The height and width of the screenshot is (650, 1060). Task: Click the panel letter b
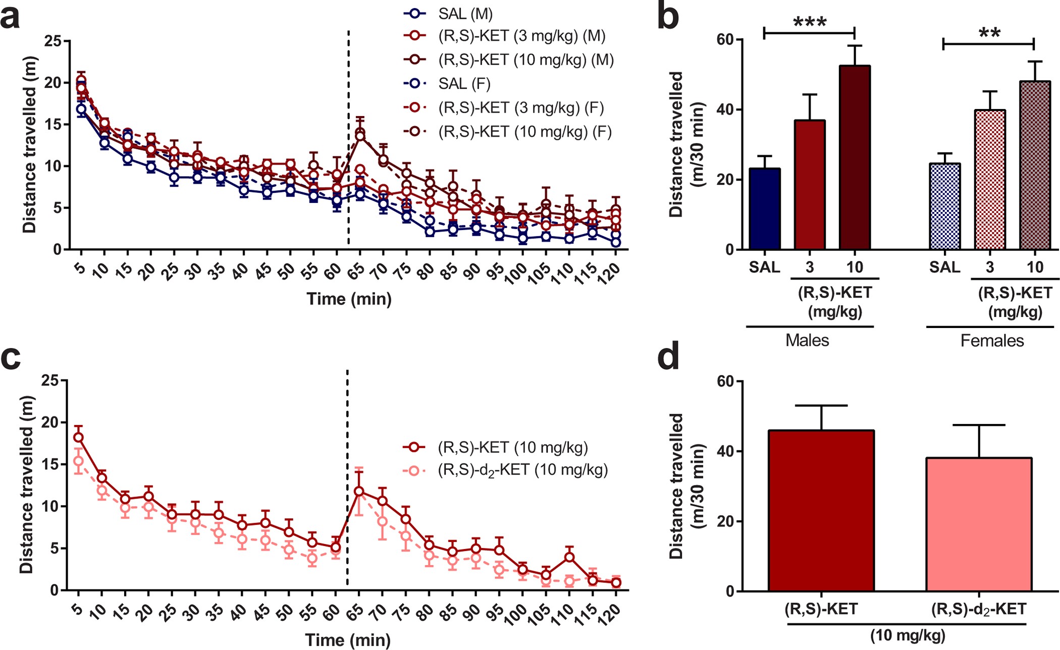click(668, 17)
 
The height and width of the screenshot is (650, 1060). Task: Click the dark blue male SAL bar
click(765, 209)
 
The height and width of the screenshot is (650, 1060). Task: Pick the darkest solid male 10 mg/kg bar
click(855, 157)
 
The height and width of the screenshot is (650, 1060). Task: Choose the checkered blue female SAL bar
click(944, 206)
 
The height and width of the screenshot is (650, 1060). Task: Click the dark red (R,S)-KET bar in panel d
click(821, 510)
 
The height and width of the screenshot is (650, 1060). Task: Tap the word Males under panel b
click(807, 341)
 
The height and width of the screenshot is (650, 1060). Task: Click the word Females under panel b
click(992, 341)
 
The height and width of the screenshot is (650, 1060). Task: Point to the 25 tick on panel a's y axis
click(54, 41)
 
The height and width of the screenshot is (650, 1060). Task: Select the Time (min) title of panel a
click(349, 299)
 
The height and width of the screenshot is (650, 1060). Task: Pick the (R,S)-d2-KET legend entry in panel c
click(522, 470)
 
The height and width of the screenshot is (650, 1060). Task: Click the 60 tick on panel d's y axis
click(725, 382)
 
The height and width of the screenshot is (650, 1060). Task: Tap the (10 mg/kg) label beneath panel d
click(908, 635)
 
